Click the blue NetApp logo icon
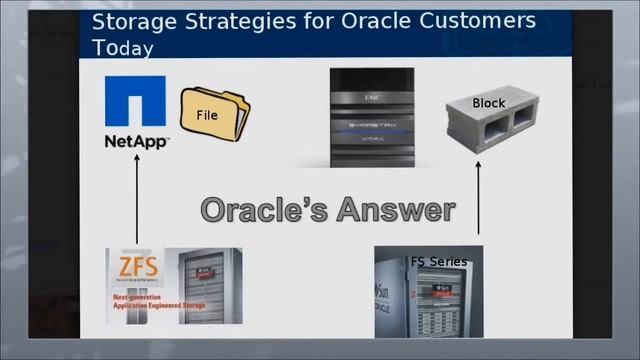coord(135,102)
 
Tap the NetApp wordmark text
coord(136,142)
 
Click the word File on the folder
coord(207,115)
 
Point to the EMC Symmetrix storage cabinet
coord(372,118)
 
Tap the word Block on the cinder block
coord(488,103)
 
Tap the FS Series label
coord(438,262)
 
